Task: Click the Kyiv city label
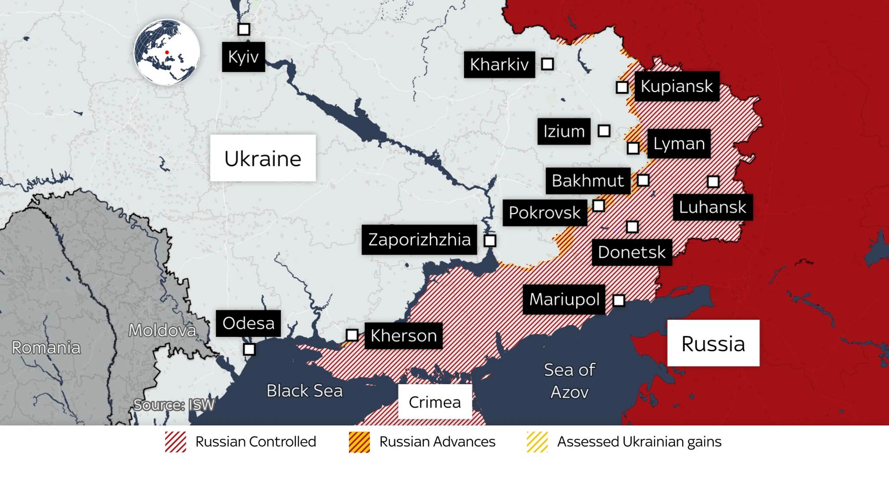[x=243, y=57]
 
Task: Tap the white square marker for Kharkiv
[x=547, y=64]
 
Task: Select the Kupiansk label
[x=676, y=86]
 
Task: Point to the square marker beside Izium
[x=604, y=131]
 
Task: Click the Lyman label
[x=678, y=144]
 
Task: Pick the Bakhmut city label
[x=587, y=181]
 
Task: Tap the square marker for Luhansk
[x=713, y=181]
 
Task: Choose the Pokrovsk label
[x=544, y=213]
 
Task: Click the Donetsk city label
[x=632, y=252]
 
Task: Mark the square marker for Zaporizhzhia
[x=490, y=240]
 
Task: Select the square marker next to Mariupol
[x=619, y=300]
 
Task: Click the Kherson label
[x=403, y=336]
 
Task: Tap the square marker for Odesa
[x=249, y=349]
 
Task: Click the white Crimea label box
[x=435, y=402]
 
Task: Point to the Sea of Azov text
[x=569, y=381]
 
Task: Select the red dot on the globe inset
[x=167, y=53]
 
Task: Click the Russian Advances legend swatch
[x=359, y=442]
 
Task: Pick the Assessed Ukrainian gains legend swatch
[x=537, y=442]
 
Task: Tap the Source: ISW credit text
[x=174, y=405]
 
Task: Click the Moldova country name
[x=162, y=331]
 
